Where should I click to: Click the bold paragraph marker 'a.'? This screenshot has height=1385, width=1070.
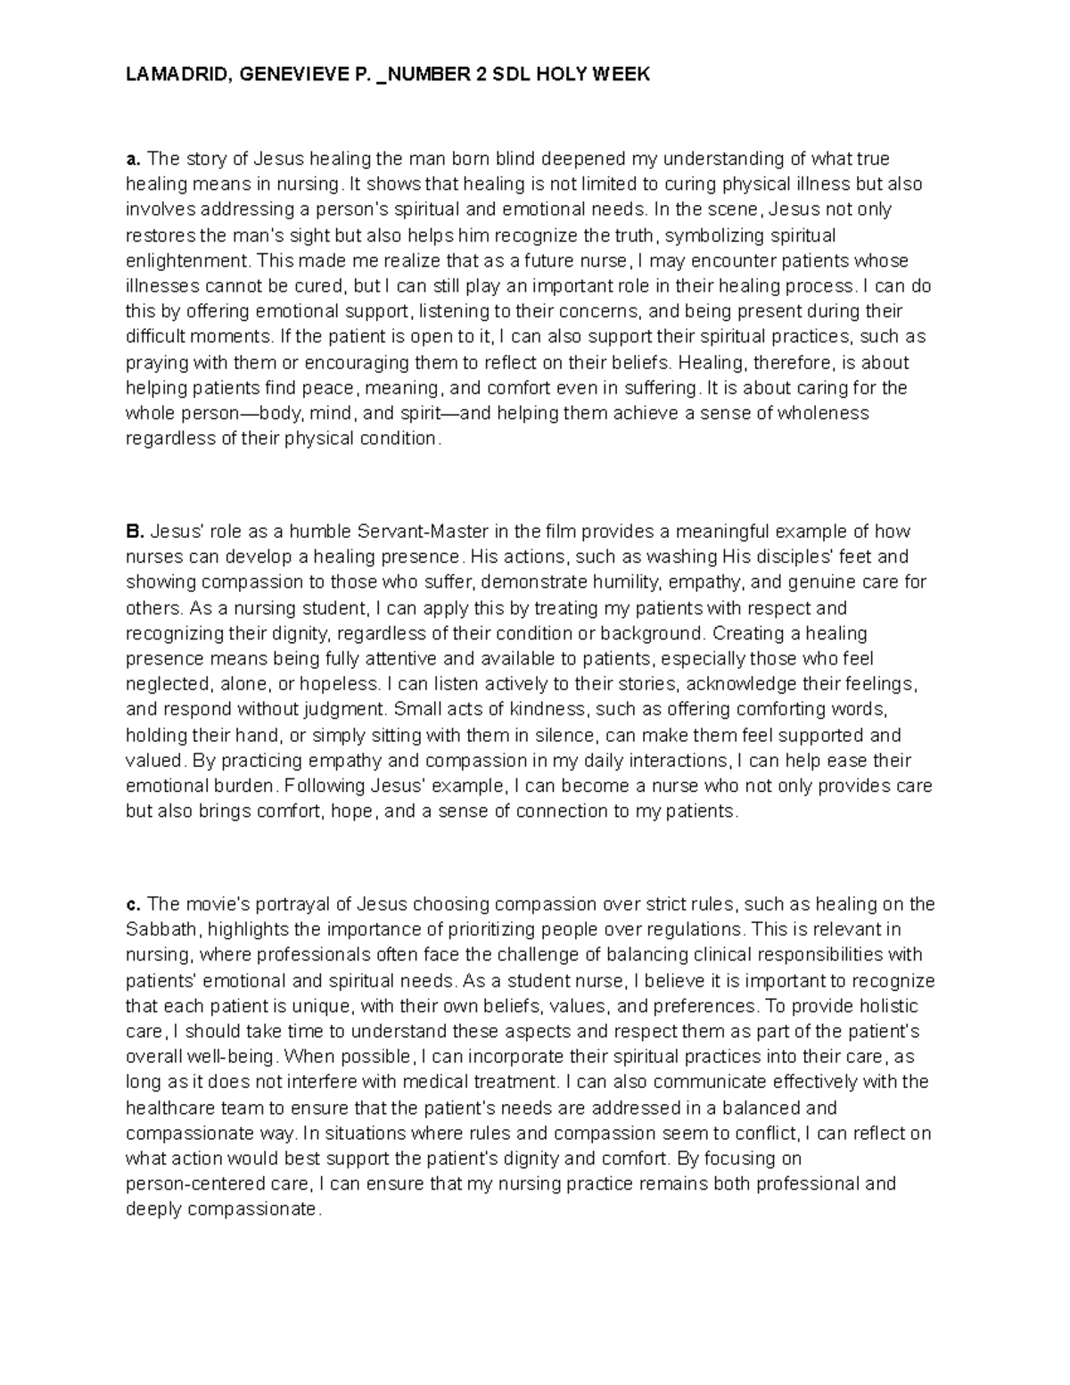pyautogui.click(x=133, y=159)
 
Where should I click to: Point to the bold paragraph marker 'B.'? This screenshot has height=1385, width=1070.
pyautogui.click(x=134, y=532)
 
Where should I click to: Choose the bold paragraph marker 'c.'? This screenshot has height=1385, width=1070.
pyautogui.click(x=133, y=904)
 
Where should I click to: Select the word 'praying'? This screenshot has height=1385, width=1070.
pyautogui.click(x=152, y=363)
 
